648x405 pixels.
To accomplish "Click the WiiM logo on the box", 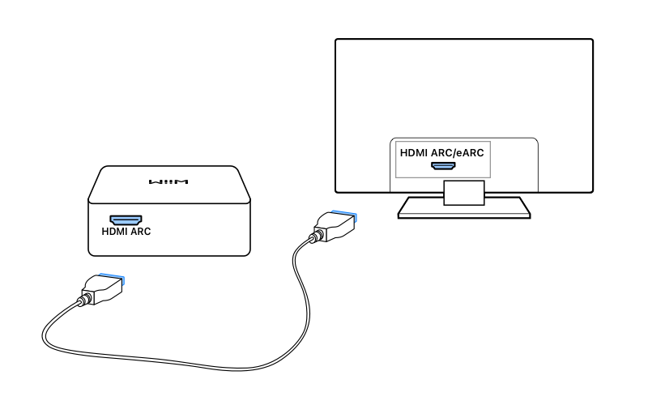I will coord(168,182).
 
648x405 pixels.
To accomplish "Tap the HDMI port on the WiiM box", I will coord(126,220).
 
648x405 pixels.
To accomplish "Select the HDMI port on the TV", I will coord(443,166).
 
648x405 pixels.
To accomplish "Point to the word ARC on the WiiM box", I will coord(141,231).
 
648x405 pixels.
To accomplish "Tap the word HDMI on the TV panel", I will coord(416,151).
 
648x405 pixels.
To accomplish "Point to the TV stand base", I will coord(463,210).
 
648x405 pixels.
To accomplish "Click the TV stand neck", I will coord(463,192).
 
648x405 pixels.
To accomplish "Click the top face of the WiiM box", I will coord(168,182).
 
